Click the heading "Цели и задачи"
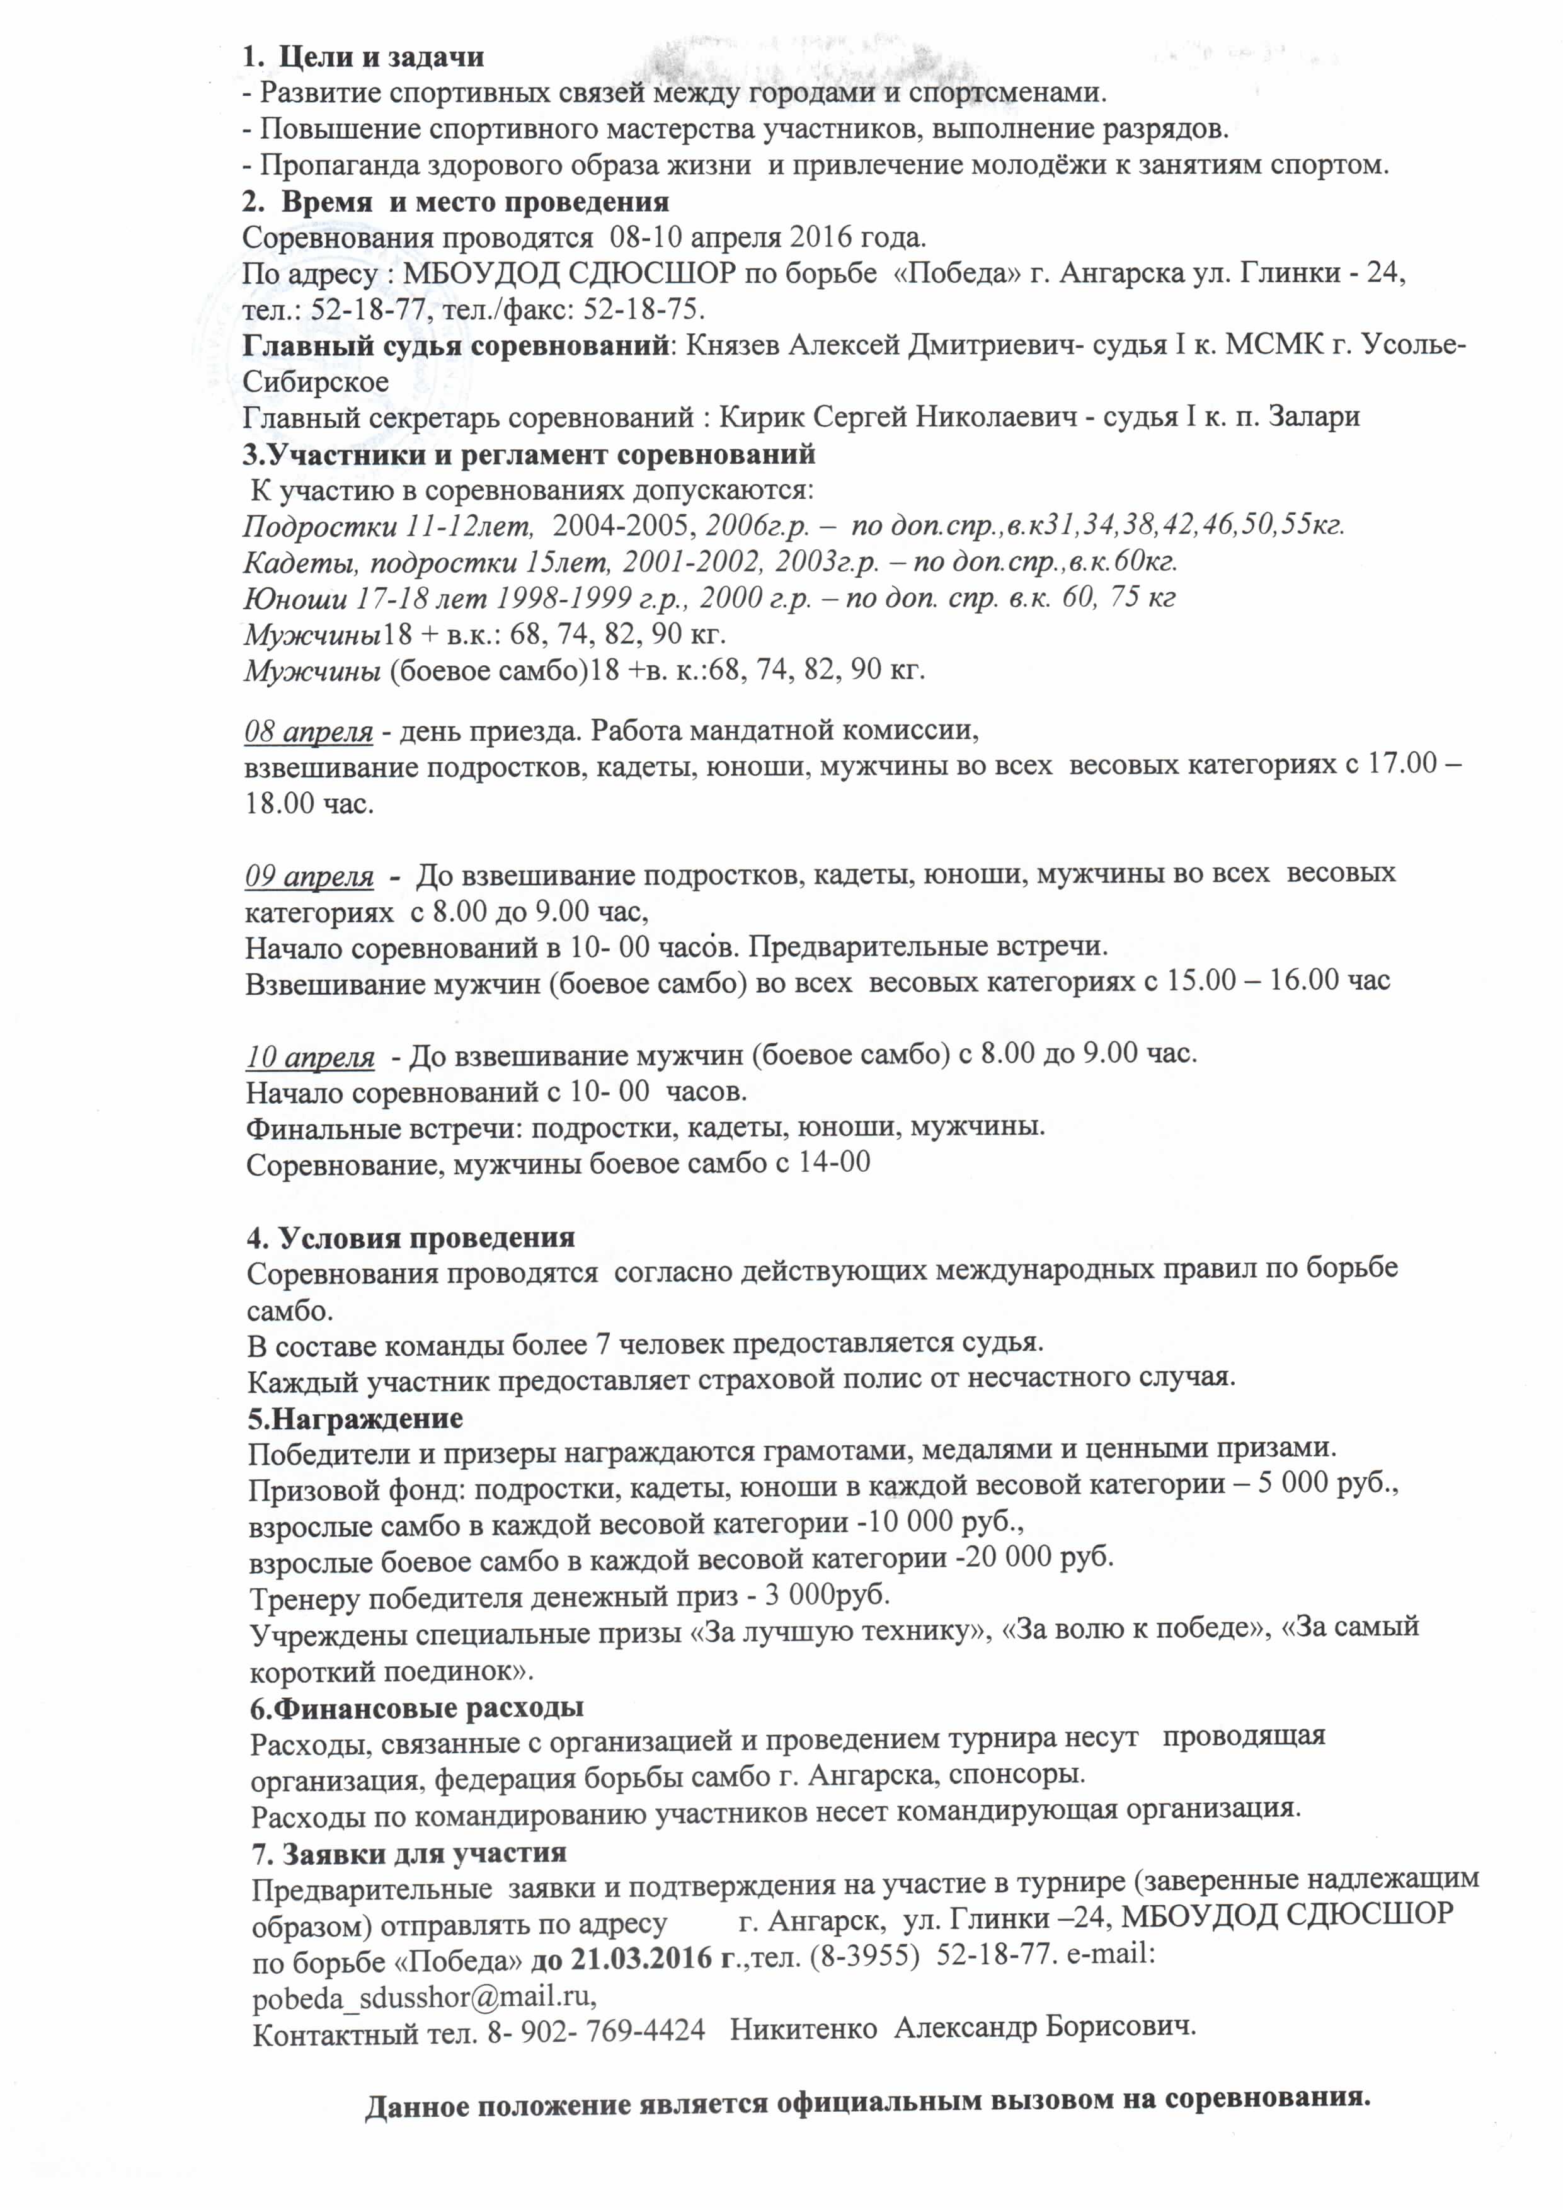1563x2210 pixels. (x=381, y=57)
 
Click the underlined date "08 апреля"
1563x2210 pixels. (x=308, y=731)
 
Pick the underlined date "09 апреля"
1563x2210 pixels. (x=309, y=876)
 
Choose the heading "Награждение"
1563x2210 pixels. (x=355, y=1419)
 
